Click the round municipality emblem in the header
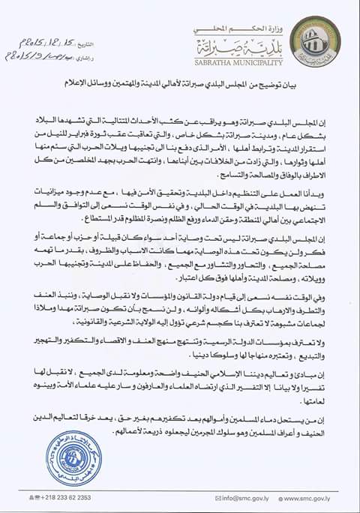click(x=325, y=41)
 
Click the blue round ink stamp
click(x=73, y=456)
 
